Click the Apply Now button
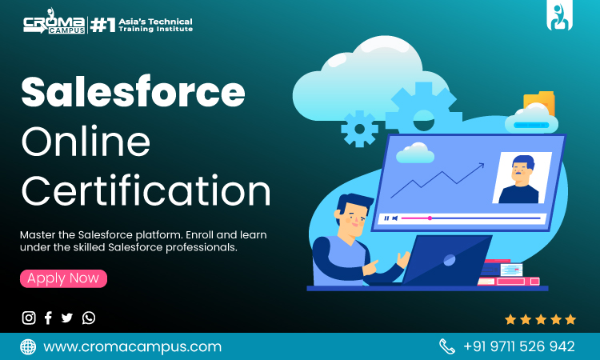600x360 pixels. [63, 278]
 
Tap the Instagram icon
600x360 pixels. [29, 318]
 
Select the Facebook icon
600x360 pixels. [48, 318]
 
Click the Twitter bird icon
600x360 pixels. [67, 318]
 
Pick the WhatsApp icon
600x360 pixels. [89, 318]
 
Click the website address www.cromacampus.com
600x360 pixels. [132, 346]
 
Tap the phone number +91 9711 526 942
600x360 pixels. [518, 346]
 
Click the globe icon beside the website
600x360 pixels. [28, 346]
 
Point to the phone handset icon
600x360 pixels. [446, 346]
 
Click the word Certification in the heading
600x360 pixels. [146, 192]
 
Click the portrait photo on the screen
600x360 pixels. [521, 178]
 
